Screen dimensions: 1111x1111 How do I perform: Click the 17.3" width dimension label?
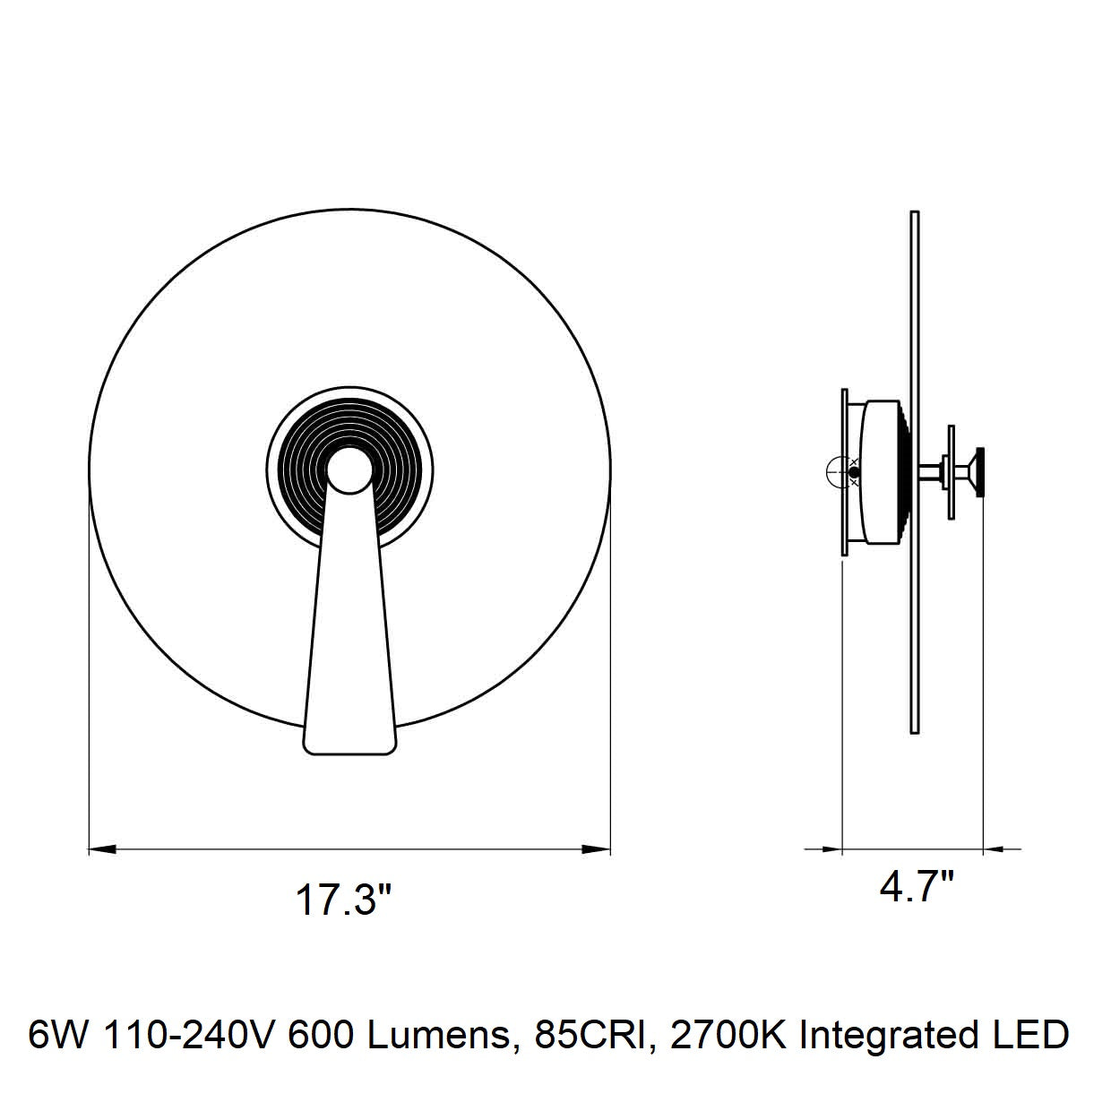coord(344,901)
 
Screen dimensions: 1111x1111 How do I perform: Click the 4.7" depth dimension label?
coord(916,887)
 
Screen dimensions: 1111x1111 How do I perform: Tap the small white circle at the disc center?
coord(349,470)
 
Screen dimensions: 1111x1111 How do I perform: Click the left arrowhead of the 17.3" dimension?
coord(103,849)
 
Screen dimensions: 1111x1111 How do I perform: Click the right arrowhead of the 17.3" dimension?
coord(596,849)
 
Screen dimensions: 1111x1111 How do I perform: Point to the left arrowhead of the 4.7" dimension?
coord(828,849)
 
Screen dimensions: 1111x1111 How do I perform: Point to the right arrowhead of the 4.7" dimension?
coord(997,849)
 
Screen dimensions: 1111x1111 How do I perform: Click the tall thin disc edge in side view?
coord(914,472)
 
